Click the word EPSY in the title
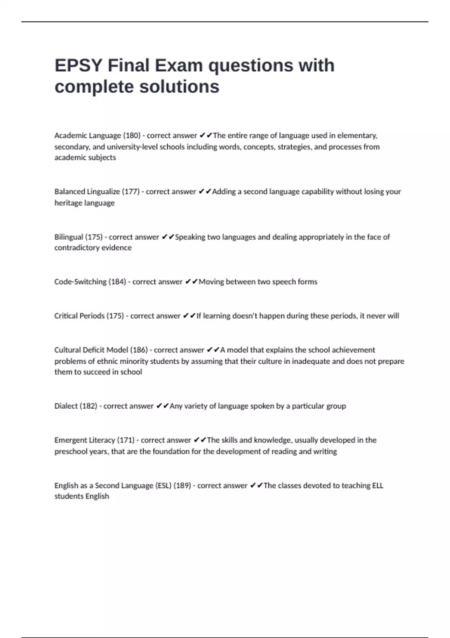coord(78,66)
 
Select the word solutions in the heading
coord(179,87)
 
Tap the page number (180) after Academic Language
coord(132,135)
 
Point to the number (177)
coord(130,192)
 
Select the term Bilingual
coord(69,237)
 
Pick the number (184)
coord(117,282)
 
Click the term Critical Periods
coord(79,316)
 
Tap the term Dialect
coord(66,406)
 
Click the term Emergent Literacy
coord(85,440)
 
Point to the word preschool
coord(71,451)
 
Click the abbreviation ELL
coord(377,486)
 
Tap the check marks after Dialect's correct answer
coord(163,406)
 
